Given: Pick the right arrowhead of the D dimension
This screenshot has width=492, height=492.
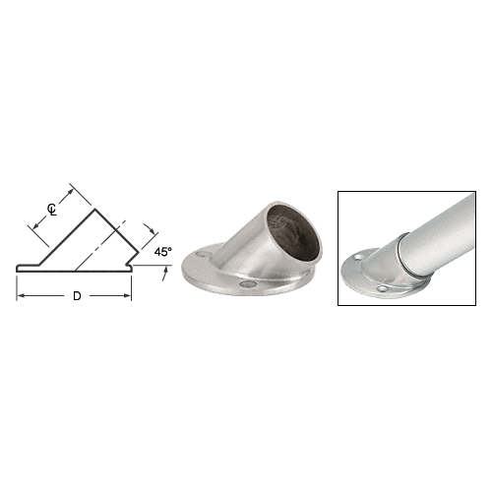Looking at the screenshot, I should pyautogui.click(x=128, y=296).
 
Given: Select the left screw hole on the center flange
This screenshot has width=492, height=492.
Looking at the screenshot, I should pyautogui.click(x=203, y=256).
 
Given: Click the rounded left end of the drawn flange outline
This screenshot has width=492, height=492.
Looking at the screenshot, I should pyautogui.click(x=17, y=269).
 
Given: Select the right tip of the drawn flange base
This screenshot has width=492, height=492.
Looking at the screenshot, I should pyautogui.click(x=132, y=266).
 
